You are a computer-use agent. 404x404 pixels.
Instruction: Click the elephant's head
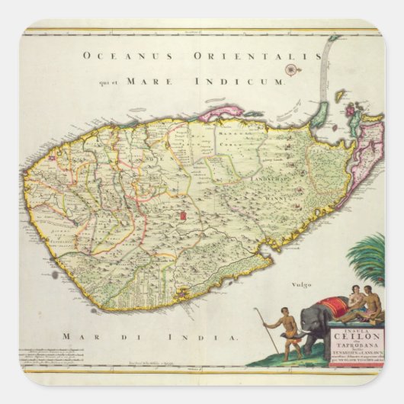pyautogui.click(x=311, y=316)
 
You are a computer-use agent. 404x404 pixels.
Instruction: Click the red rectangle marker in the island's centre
pyautogui.click(x=184, y=217)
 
